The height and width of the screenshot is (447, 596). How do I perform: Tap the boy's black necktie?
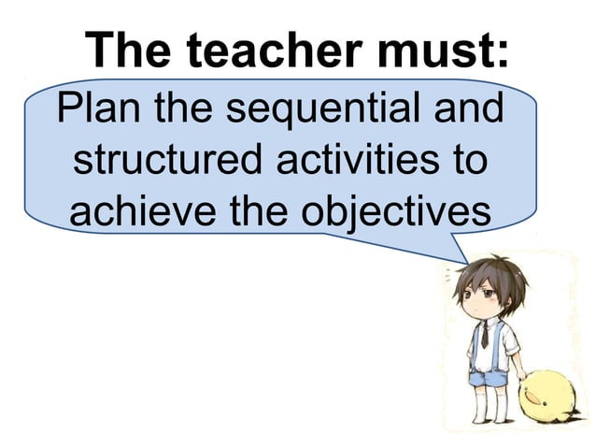coord(485,333)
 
